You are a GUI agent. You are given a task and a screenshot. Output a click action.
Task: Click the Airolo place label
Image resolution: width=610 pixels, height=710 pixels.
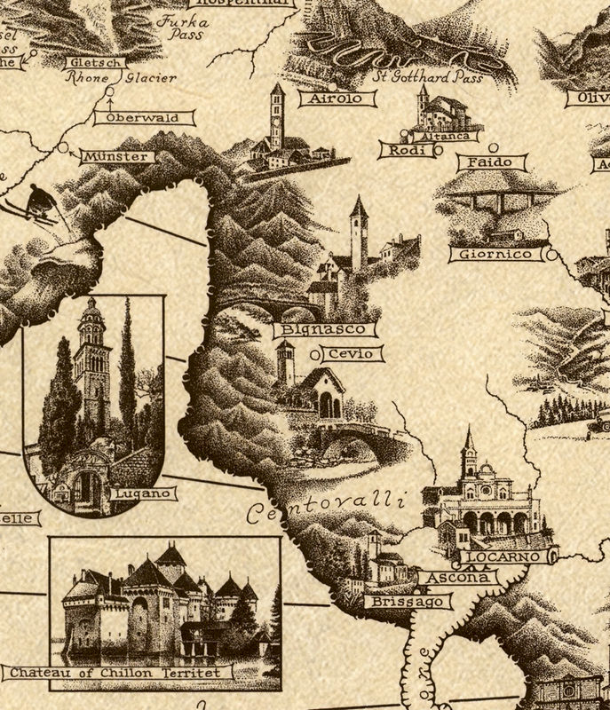tap(330, 99)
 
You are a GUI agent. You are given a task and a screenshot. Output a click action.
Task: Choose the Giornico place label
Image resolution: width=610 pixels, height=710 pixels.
tap(495, 255)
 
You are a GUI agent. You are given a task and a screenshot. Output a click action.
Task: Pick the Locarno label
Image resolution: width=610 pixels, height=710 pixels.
tap(508, 556)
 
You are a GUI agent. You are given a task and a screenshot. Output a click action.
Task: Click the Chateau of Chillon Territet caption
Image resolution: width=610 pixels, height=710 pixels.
tap(119, 672)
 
